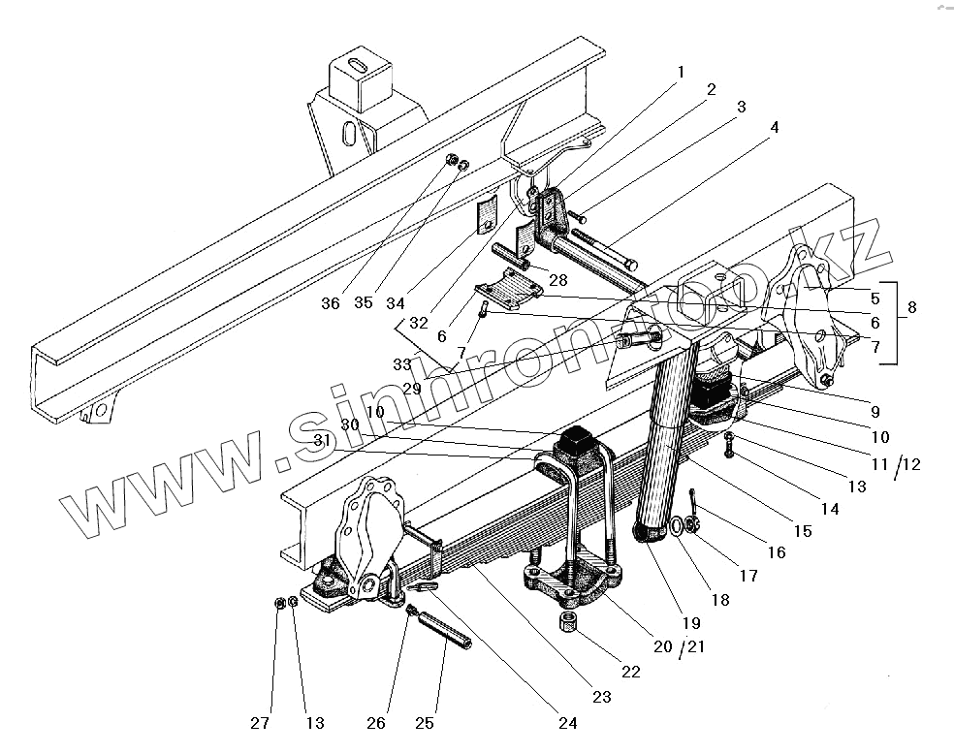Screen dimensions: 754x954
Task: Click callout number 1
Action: pyautogui.click(x=681, y=71)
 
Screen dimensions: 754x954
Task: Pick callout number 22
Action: pyautogui.click(x=630, y=672)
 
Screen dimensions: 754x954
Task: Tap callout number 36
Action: pyautogui.click(x=331, y=303)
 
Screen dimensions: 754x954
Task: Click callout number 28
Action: pyautogui.click(x=557, y=280)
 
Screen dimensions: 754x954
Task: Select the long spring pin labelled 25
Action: pyautogui.click(x=445, y=631)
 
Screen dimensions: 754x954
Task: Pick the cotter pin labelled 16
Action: pyautogui.click(x=696, y=502)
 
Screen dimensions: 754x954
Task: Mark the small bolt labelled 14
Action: pyautogui.click(x=729, y=448)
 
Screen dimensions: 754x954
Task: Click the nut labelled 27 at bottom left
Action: pyautogui.click(x=279, y=604)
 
